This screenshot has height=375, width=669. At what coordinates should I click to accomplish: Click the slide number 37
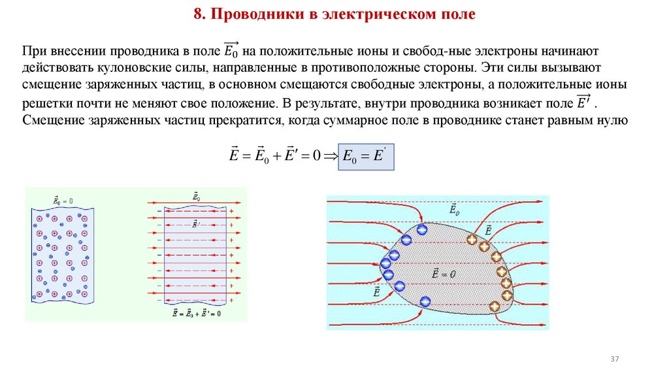pos(614,360)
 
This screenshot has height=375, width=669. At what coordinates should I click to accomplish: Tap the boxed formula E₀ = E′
pos(366,156)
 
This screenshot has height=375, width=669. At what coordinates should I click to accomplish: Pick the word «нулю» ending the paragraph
pos(613,120)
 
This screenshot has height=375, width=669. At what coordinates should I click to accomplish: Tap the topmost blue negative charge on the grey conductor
pos(421,229)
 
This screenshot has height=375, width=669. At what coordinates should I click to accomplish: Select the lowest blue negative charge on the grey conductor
pos(425,302)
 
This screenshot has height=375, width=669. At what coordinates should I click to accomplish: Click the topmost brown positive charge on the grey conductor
pos(472,240)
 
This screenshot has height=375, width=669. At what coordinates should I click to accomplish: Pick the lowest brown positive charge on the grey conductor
pos(495,306)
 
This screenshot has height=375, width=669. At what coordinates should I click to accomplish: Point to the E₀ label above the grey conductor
pos(454,210)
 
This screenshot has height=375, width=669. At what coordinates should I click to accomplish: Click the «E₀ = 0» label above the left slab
pos(63,201)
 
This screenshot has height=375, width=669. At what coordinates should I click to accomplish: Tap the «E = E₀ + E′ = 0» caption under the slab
pos(195,314)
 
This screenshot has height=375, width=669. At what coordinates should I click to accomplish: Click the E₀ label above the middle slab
pos(195,196)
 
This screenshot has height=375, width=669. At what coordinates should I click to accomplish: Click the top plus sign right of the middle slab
pos(232,212)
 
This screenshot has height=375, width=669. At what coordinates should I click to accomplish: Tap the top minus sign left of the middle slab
pos(159,212)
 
